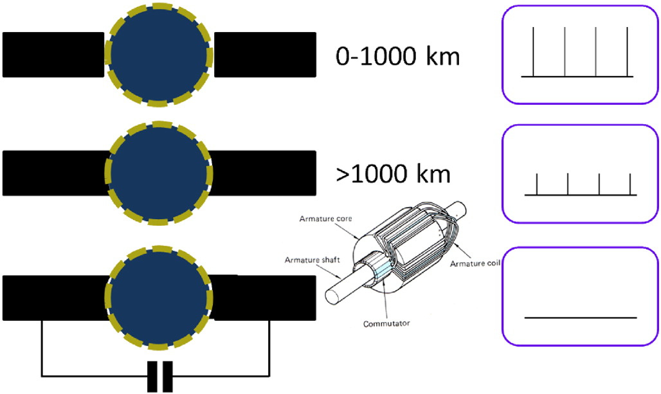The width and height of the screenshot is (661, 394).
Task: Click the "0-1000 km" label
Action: coord(398,57)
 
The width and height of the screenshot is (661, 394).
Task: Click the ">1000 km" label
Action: coord(394,174)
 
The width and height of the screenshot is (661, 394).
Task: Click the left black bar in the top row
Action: coord(53,55)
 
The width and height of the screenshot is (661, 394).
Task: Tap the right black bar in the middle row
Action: coord(264,173)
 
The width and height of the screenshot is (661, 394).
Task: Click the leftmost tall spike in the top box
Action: coord(534,51)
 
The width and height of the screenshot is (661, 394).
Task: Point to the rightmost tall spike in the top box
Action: coord(627,51)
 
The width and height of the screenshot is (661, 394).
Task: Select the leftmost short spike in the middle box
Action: coord(537,184)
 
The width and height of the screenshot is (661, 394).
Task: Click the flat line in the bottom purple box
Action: coord(581,317)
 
